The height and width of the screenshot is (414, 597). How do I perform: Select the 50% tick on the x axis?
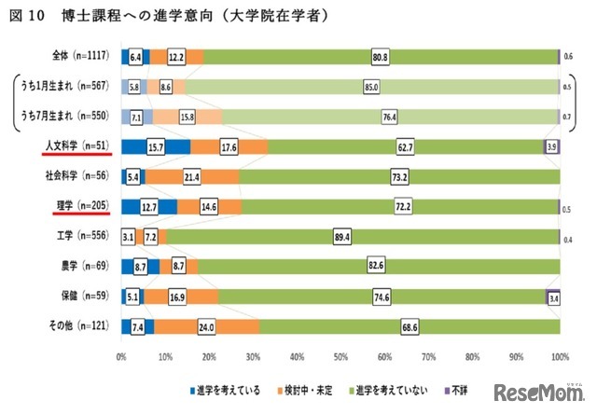(x=340, y=356)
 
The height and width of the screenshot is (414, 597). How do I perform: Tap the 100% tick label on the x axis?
(x=559, y=356)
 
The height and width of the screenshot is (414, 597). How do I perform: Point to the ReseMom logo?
(x=542, y=391)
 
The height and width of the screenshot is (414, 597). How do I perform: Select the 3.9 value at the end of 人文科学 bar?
(x=551, y=146)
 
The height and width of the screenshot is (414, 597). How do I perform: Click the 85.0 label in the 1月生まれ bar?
(x=372, y=86)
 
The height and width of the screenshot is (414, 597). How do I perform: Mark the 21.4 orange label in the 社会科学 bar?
(x=192, y=176)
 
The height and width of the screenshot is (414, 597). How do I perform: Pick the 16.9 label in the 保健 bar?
(x=177, y=297)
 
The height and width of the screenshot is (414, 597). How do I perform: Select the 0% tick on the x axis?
(x=121, y=356)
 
